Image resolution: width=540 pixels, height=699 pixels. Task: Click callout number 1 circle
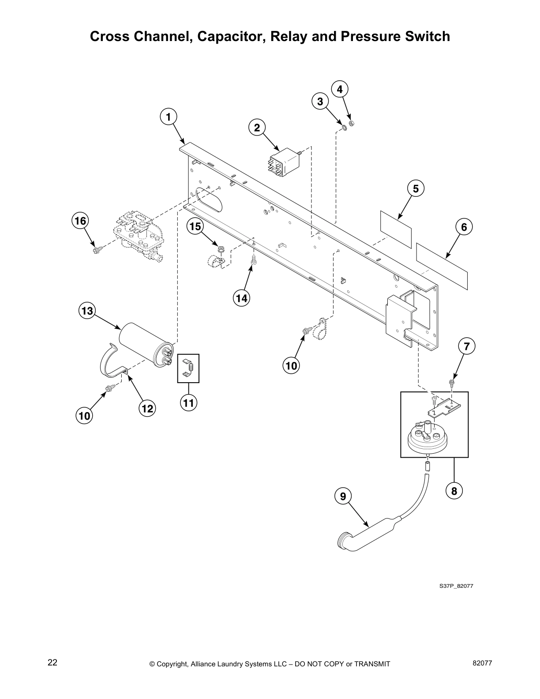(x=168, y=117)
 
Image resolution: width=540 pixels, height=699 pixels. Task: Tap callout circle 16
(x=80, y=220)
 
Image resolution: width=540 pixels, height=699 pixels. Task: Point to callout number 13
(x=87, y=311)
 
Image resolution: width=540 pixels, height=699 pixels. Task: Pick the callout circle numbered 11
(x=188, y=403)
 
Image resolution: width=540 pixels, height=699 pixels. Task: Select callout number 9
(x=343, y=496)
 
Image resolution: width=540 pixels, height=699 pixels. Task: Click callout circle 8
(x=454, y=490)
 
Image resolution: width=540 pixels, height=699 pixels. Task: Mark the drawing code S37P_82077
(x=456, y=586)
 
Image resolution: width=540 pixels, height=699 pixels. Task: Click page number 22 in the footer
(x=52, y=663)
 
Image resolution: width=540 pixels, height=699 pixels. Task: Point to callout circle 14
(x=241, y=298)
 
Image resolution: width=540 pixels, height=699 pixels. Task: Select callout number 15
(x=195, y=227)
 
